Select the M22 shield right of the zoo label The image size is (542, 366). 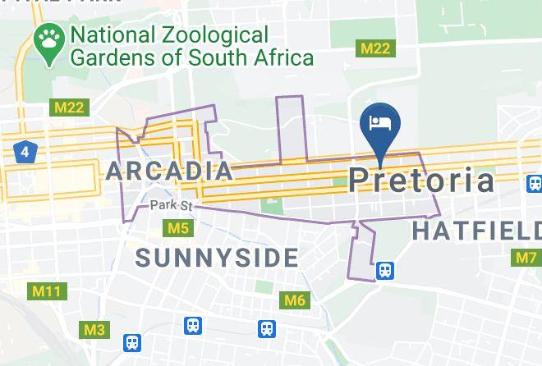point(377,48)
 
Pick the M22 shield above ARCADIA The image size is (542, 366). point(68,108)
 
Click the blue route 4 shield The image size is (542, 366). point(25,151)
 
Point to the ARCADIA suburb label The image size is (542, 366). point(169,171)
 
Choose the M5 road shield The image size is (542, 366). point(177,227)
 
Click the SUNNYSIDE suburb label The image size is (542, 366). point(217,258)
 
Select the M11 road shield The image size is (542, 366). point(47,291)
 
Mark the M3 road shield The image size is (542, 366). point(94,330)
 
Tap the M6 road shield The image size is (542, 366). point(295,300)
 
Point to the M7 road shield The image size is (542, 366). point(526,258)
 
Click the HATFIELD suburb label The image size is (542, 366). point(476,231)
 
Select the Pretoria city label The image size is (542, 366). point(421,181)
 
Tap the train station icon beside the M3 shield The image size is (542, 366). point(132,342)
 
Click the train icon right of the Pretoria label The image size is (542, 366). point(535,183)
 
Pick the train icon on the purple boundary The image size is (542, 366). point(384,269)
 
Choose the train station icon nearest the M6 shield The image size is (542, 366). point(267,328)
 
